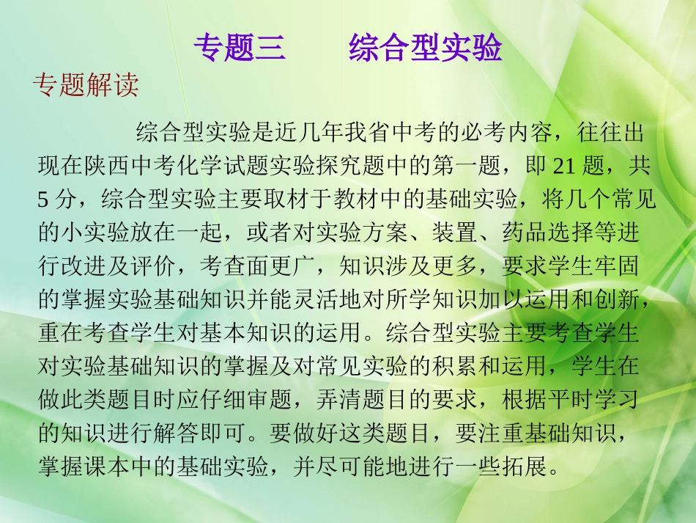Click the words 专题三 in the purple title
[237, 48]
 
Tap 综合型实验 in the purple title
[425, 48]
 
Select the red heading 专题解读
[86, 87]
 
